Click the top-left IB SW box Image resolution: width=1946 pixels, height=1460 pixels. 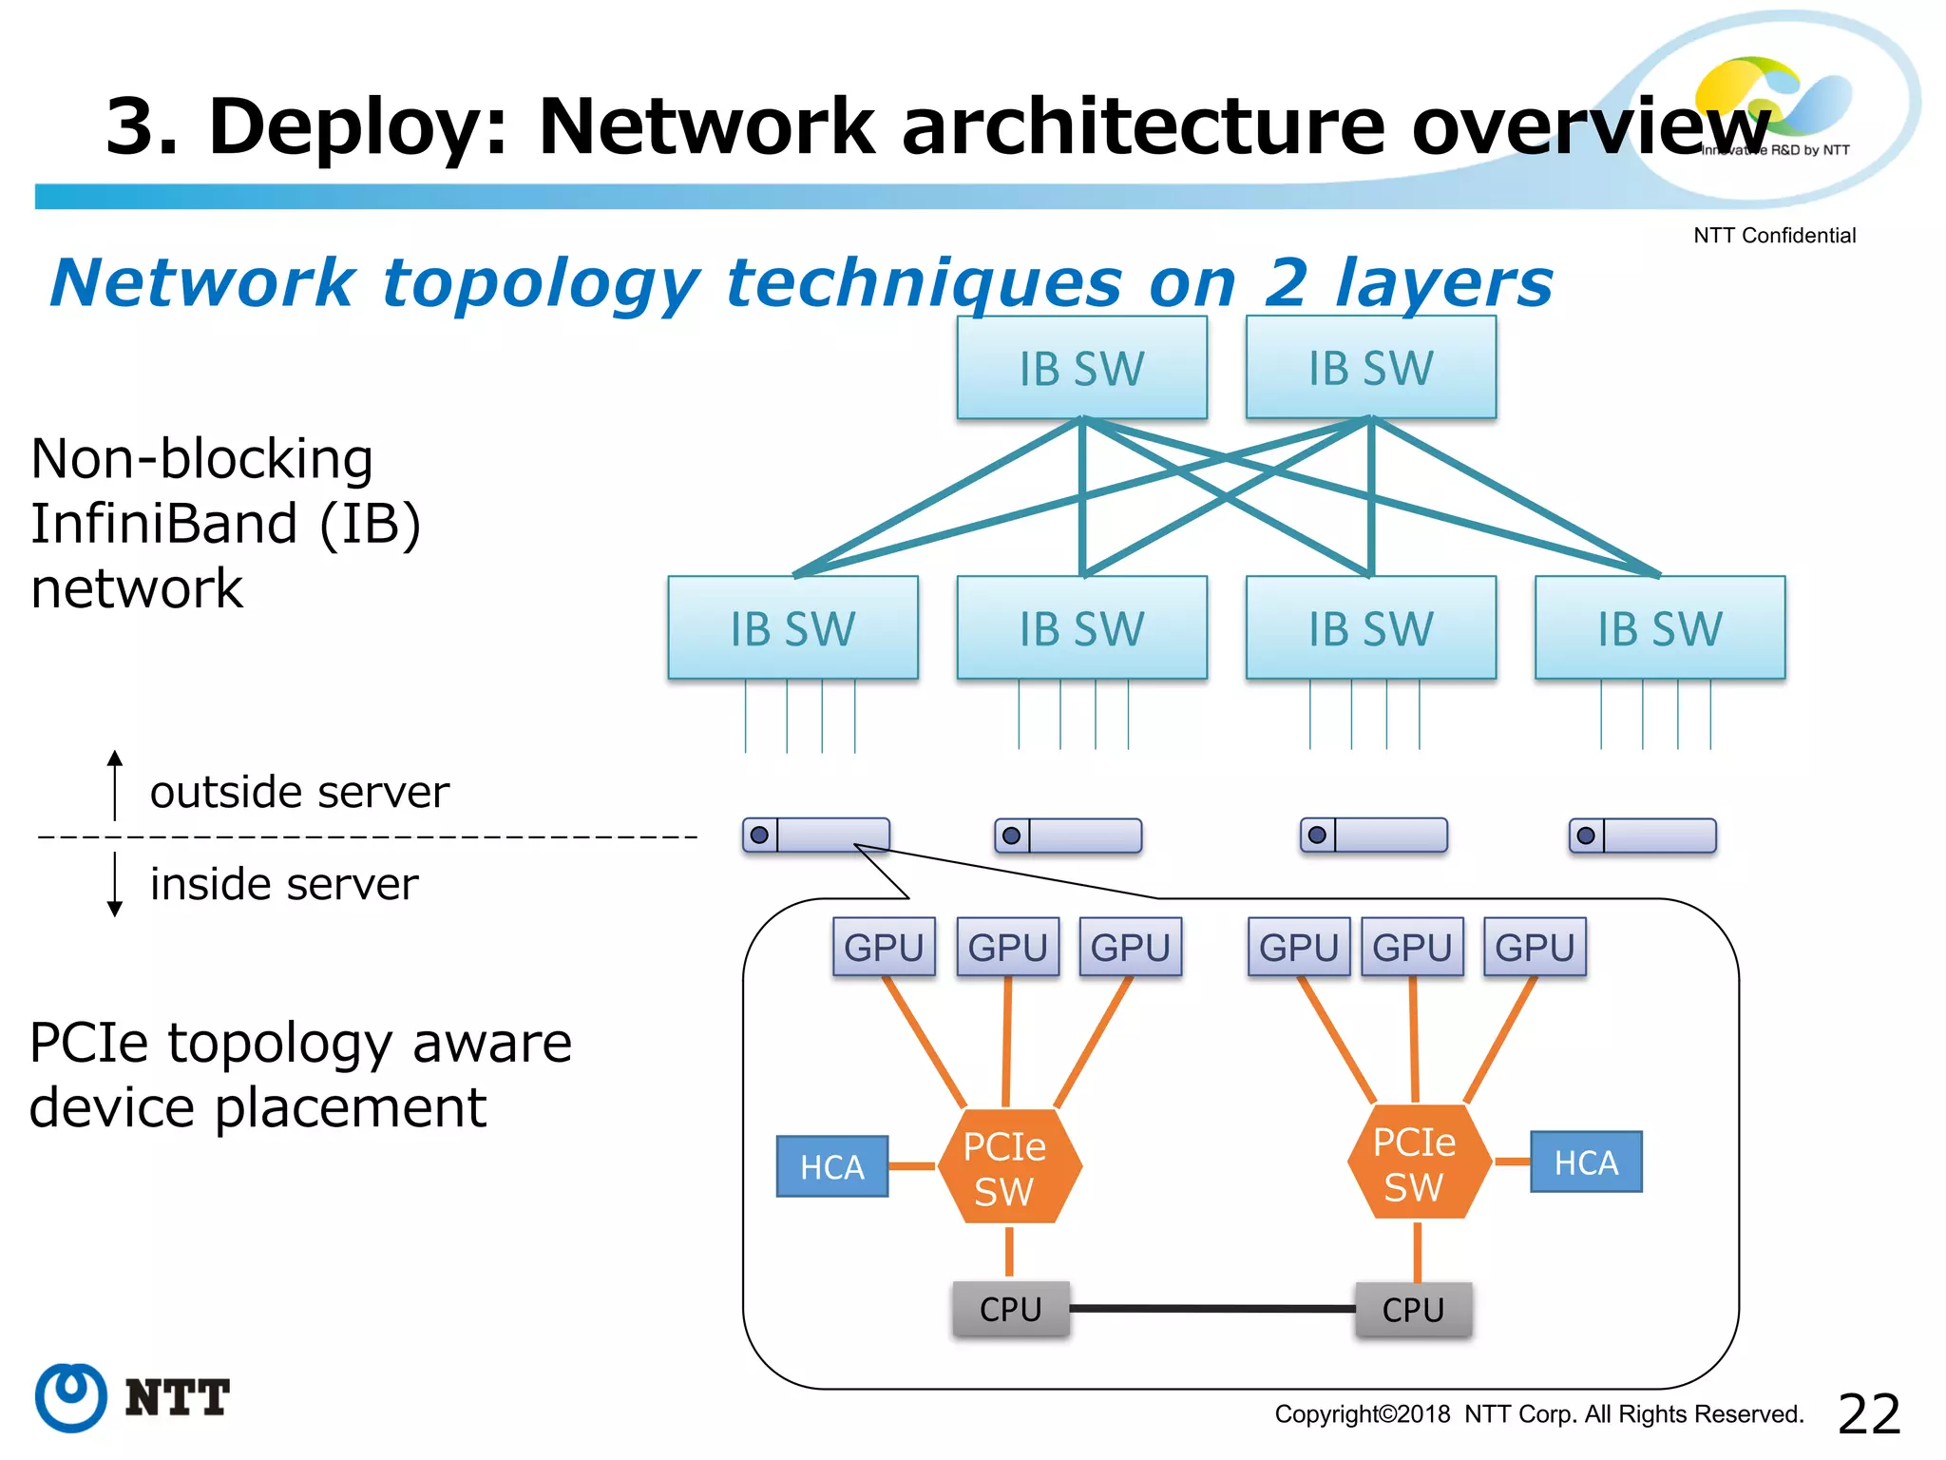1081,368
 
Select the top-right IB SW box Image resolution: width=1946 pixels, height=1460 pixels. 1370,368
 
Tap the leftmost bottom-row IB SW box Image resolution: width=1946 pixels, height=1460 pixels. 792,627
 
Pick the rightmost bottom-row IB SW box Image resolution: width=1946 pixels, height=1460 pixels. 1659,627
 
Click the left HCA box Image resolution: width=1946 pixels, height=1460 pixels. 831,1166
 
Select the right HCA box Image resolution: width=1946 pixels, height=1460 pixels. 1585,1162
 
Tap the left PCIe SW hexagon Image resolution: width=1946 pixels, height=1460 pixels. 1008,1166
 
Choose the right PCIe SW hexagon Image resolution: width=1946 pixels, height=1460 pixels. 1417,1162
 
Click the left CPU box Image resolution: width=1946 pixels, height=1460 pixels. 1010,1309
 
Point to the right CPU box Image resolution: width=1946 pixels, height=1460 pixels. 1413,1310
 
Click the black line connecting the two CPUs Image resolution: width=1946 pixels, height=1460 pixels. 1211,1309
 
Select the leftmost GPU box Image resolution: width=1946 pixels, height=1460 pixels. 884,947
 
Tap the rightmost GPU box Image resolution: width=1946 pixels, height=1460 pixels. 1534,947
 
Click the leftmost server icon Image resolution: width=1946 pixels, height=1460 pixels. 815,836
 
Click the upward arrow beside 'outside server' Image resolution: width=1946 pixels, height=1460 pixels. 115,784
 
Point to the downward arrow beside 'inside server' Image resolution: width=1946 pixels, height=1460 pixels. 115,885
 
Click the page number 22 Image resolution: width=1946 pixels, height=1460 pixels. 1868,1413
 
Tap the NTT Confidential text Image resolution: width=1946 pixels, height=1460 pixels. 1773,236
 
